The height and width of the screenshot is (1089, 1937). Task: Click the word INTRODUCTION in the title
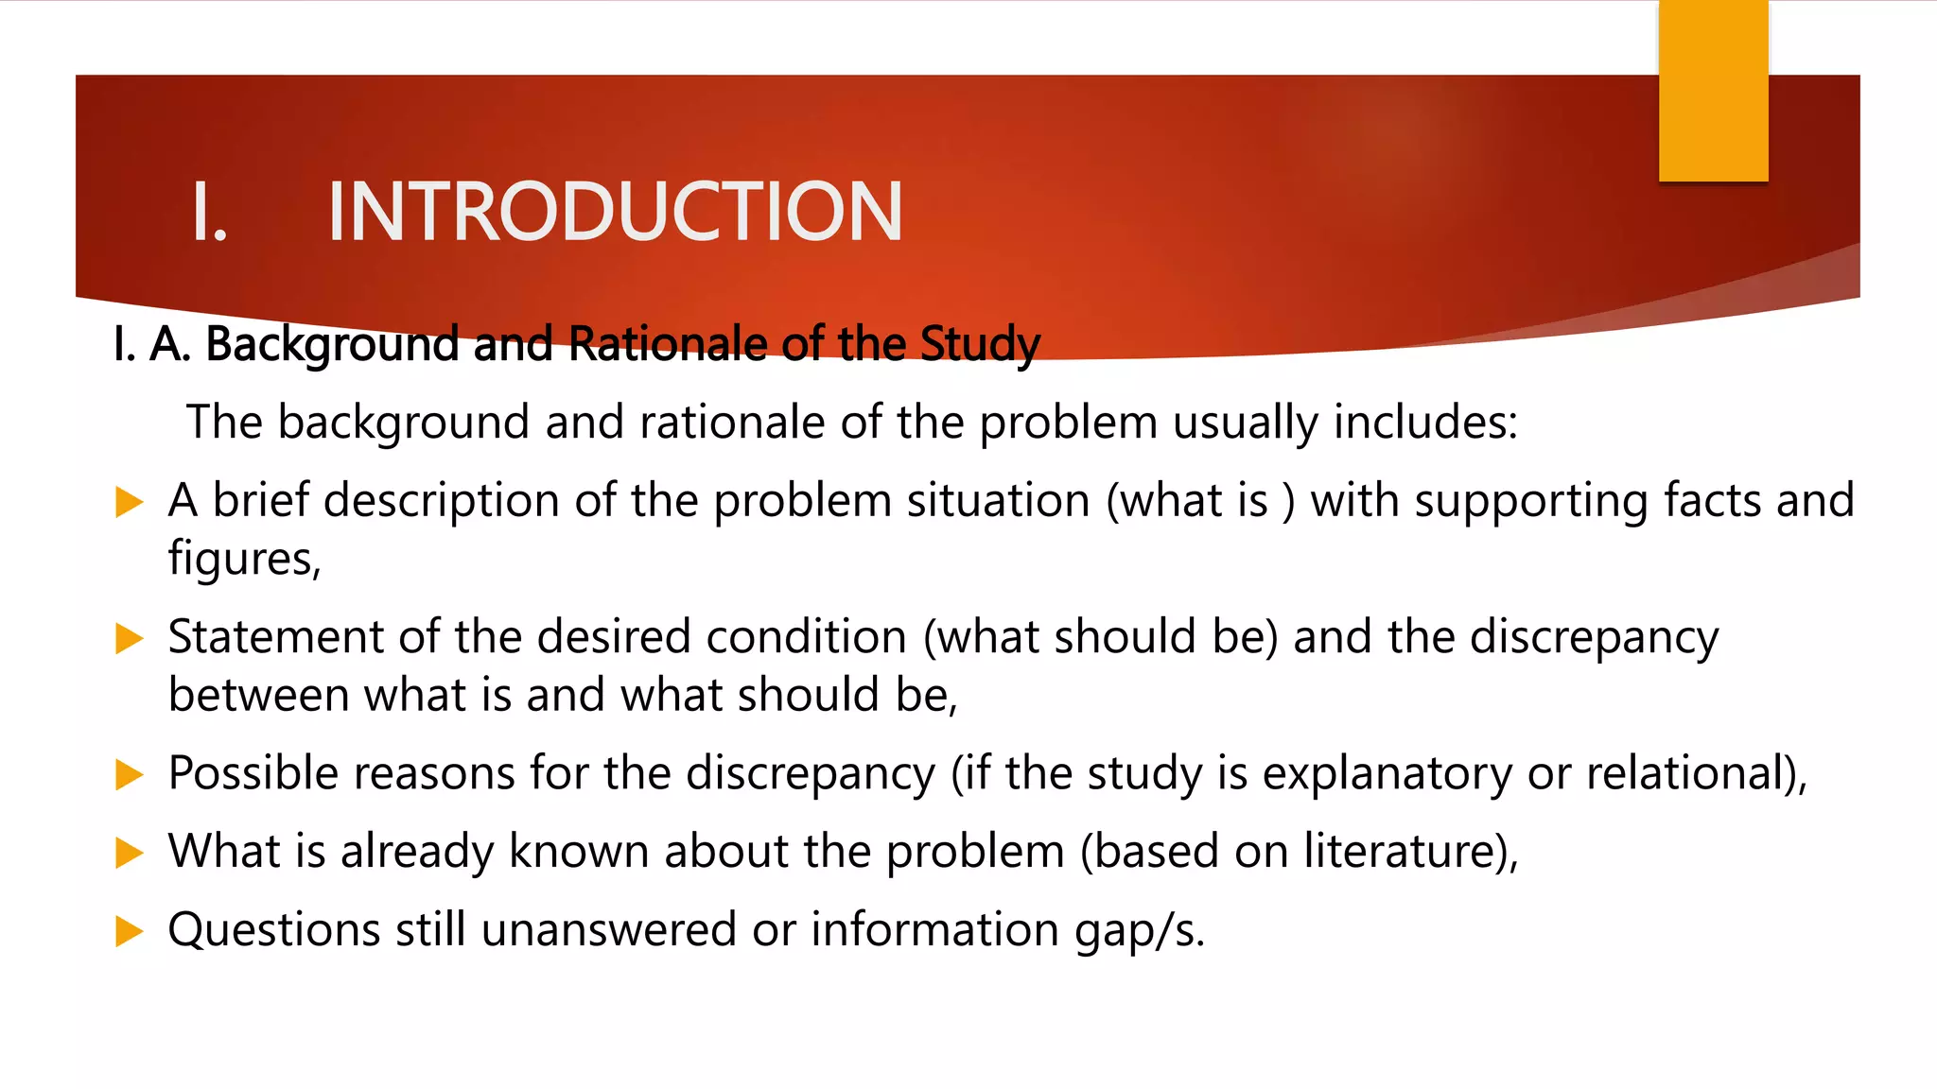[615, 212]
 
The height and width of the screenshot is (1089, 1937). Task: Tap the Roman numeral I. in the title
[209, 212]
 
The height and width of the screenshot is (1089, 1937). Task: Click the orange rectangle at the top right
[1713, 91]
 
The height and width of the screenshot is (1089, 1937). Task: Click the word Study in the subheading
[980, 344]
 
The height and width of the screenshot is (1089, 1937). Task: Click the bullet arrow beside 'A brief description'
[129, 502]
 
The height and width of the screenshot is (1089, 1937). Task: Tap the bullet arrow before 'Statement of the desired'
[129, 639]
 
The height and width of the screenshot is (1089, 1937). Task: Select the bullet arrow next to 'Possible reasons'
[129, 775]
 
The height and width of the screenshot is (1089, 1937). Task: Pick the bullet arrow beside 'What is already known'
[129, 854]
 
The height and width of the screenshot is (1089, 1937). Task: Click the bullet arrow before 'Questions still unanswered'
[129, 932]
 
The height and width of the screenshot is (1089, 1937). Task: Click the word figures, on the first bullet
[245, 559]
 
